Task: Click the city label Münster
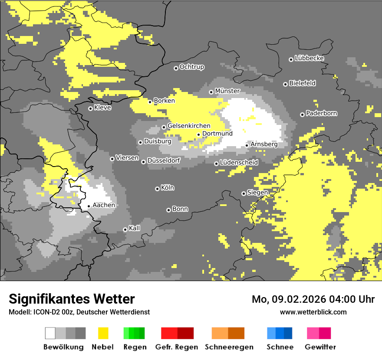pyautogui.click(x=227, y=91)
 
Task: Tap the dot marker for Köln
pyautogui.click(x=157, y=189)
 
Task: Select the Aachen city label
pyautogui.click(x=104, y=205)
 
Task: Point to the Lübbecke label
pyautogui.click(x=309, y=58)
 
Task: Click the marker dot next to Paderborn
pyautogui.click(x=302, y=115)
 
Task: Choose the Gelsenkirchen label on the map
pyautogui.click(x=189, y=126)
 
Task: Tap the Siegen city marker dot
pyautogui.click(x=244, y=193)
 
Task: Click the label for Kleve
pyautogui.click(x=102, y=108)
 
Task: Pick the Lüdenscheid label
pyautogui.click(x=239, y=163)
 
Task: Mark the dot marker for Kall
pyautogui.click(x=125, y=229)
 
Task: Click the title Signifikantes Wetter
pyautogui.click(x=72, y=299)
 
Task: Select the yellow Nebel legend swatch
pyautogui.click(x=103, y=333)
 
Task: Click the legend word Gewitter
pyautogui.click(x=320, y=347)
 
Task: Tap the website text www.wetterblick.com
pyautogui.click(x=313, y=312)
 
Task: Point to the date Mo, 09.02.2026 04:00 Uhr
pyautogui.click(x=313, y=299)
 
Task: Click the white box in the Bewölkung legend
pyautogui.click(x=50, y=333)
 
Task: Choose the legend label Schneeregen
pyautogui.click(x=229, y=347)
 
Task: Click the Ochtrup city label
pyautogui.click(x=191, y=67)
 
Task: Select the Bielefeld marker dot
pyautogui.click(x=285, y=84)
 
